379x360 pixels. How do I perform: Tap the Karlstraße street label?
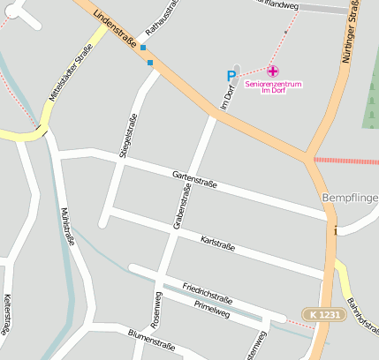(217, 242)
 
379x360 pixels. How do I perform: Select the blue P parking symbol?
(231, 77)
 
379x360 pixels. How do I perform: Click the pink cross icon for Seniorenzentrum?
(273, 71)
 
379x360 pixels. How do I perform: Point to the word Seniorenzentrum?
(274, 85)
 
